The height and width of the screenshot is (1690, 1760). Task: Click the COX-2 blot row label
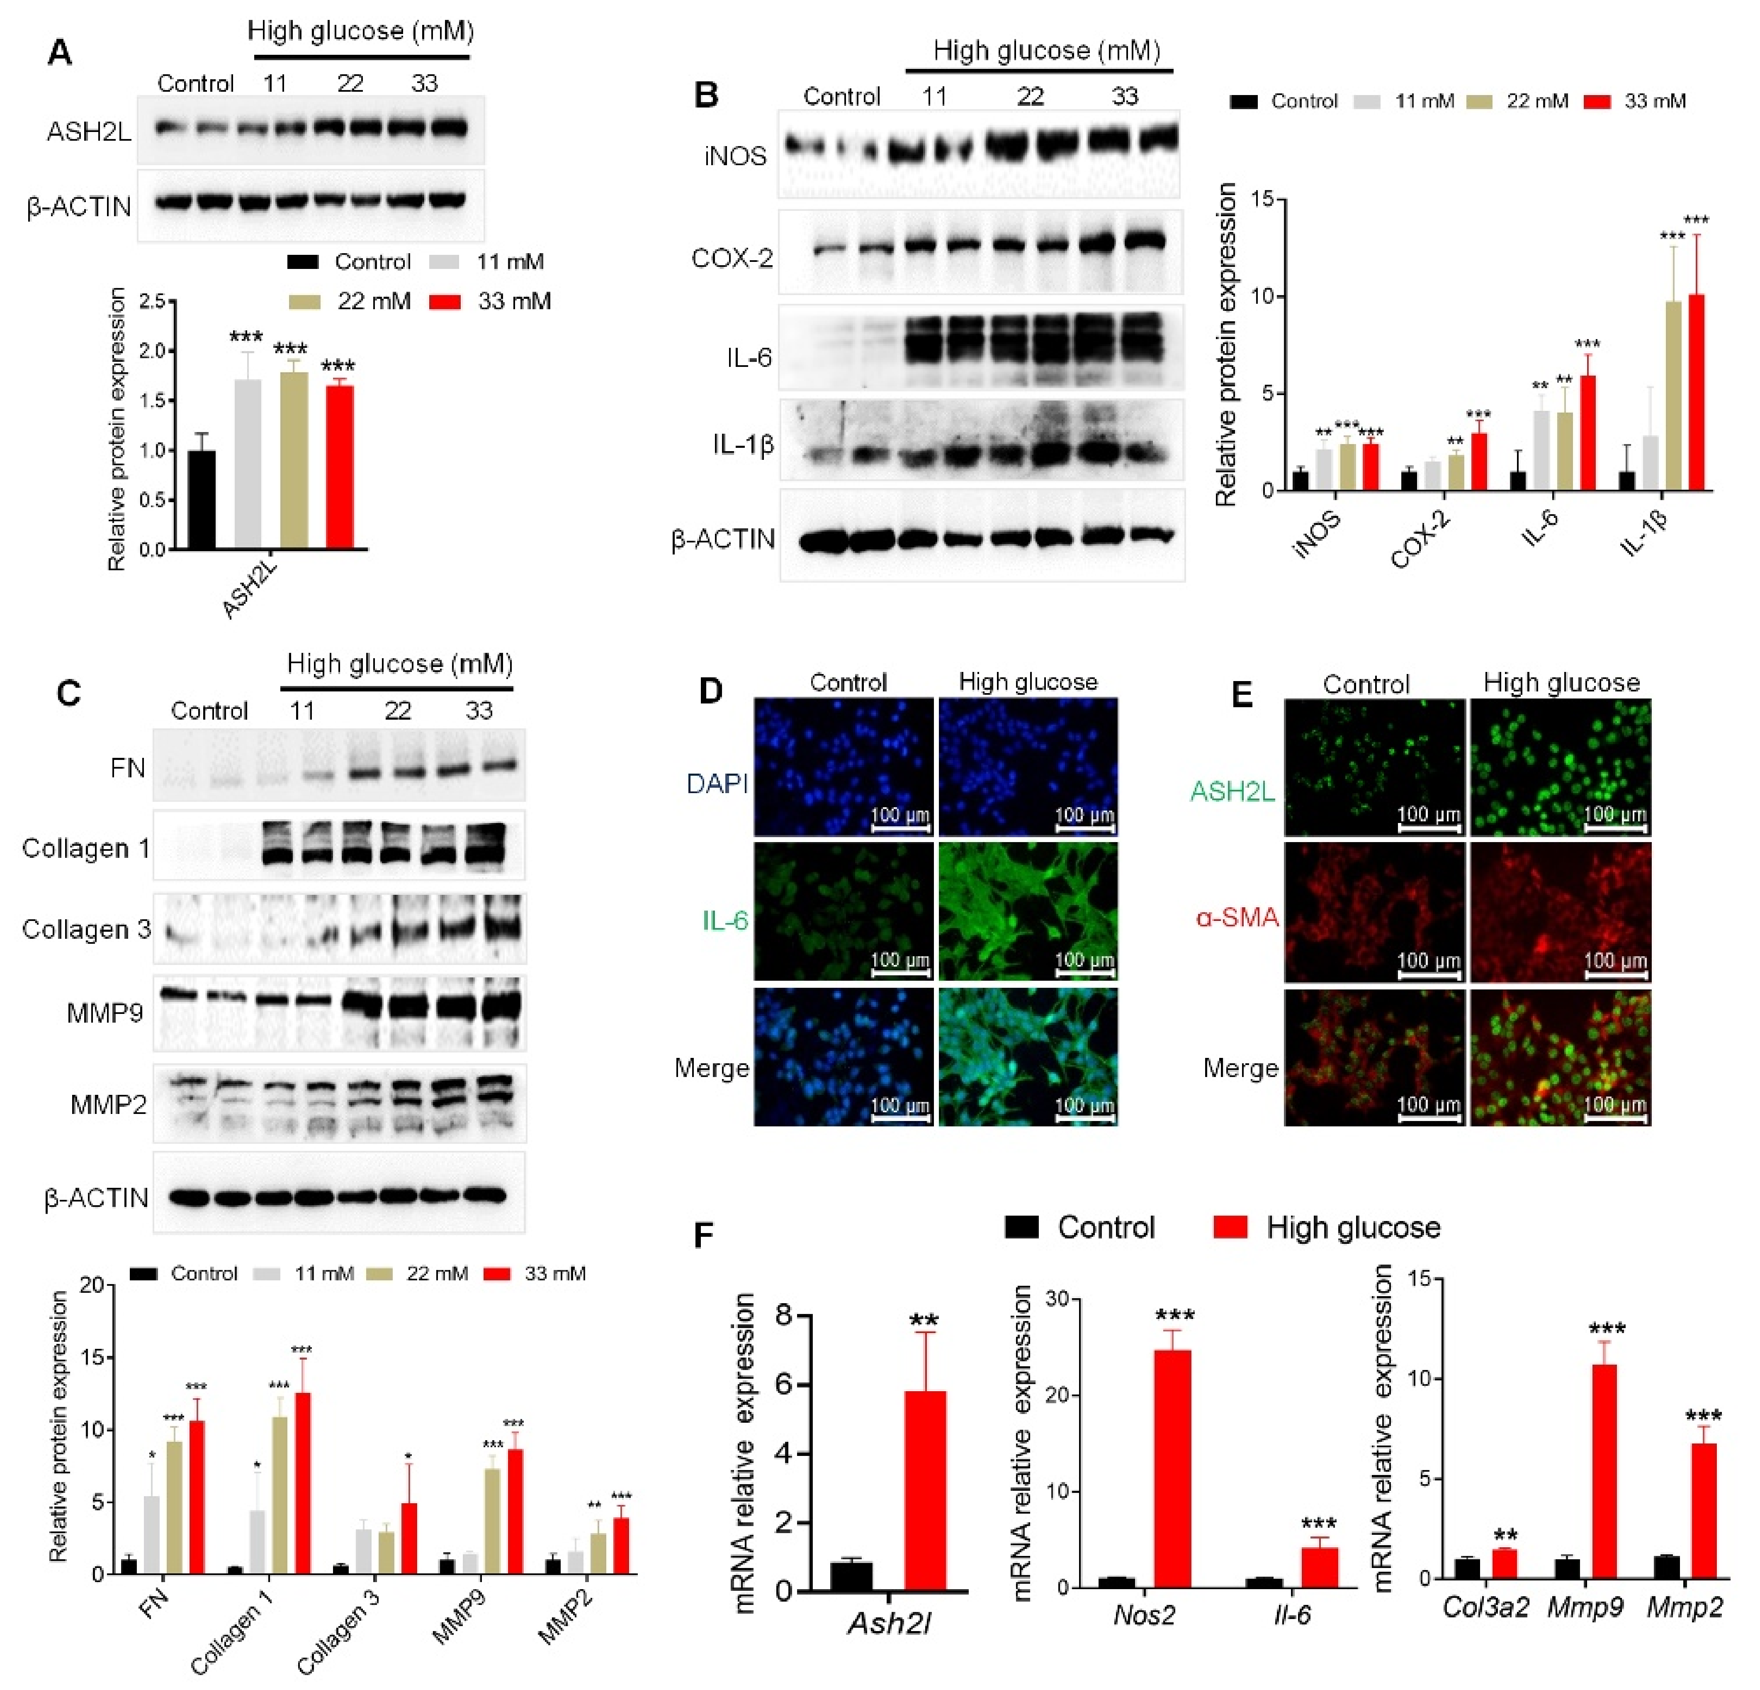click(732, 259)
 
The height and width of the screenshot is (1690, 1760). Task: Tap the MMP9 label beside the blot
click(105, 1014)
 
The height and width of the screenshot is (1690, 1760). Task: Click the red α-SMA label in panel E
click(1237, 917)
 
